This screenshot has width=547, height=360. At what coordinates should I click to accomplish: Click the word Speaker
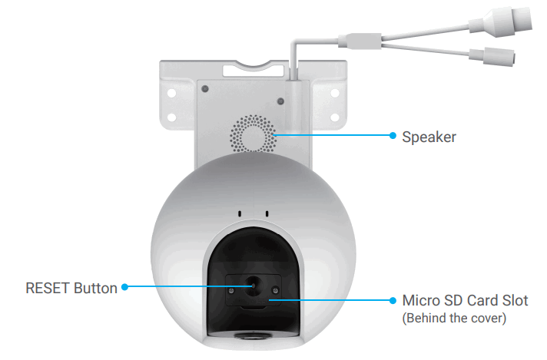(429, 137)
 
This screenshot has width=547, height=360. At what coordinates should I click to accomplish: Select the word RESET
(48, 289)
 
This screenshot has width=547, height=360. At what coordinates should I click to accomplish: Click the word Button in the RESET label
(97, 289)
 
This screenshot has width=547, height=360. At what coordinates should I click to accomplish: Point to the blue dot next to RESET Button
(125, 289)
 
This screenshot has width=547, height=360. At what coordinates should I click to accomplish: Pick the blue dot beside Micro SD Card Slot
(392, 300)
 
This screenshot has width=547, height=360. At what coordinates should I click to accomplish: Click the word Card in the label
(480, 299)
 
